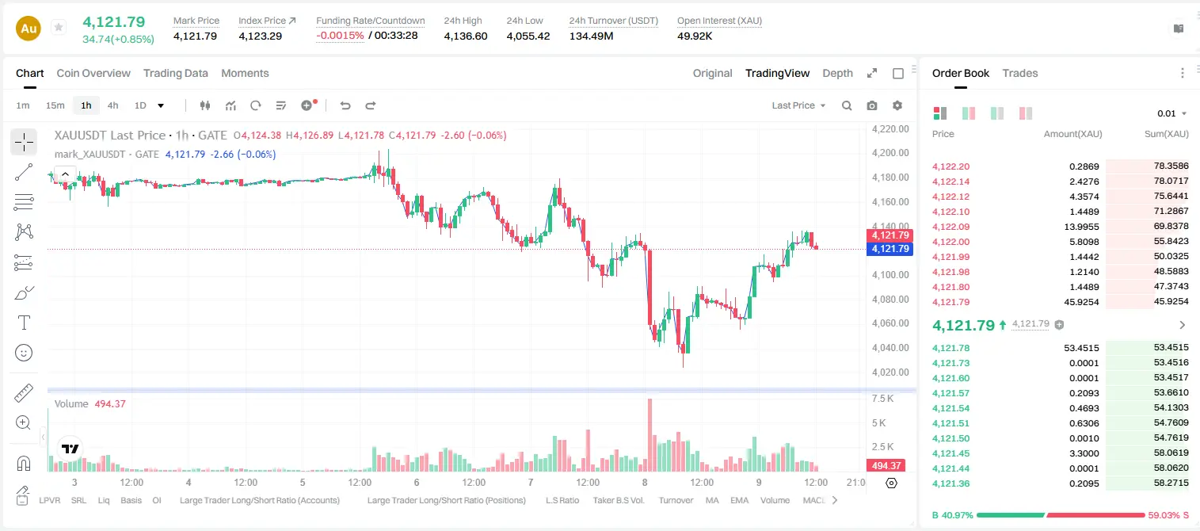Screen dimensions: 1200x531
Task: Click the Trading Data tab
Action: pyautogui.click(x=175, y=73)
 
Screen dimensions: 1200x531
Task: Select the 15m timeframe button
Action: pyautogui.click(x=55, y=105)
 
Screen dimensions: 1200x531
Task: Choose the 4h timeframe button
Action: pyautogui.click(x=112, y=105)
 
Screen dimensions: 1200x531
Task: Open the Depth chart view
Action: pyautogui.click(x=837, y=73)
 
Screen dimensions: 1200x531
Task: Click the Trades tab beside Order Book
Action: pyautogui.click(x=1020, y=73)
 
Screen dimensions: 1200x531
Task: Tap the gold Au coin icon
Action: pyautogui.click(x=29, y=29)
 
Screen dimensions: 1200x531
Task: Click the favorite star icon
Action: pyautogui.click(x=59, y=27)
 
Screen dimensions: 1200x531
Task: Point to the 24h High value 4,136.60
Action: pyautogui.click(x=466, y=36)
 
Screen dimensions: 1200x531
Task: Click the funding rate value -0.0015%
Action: pyautogui.click(x=340, y=36)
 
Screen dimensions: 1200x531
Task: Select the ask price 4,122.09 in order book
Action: pyautogui.click(x=950, y=227)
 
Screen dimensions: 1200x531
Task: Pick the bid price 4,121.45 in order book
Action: pyautogui.click(x=950, y=453)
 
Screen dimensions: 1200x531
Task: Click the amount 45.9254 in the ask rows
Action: pyautogui.click(x=1081, y=302)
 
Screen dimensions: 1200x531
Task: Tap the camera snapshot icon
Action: pyautogui.click(x=872, y=105)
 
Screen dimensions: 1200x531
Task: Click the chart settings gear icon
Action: pyautogui.click(x=897, y=105)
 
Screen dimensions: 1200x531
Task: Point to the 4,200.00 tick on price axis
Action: pyautogui.click(x=890, y=153)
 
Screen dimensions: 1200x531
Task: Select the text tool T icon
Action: pyautogui.click(x=24, y=323)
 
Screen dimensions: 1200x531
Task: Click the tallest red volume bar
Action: pyautogui.click(x=650, y=435)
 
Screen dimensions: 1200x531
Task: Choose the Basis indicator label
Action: pyautogui.click(x=131, y=500)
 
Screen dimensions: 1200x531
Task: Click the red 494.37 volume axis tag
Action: pyautogui.click(x=886, y=466)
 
